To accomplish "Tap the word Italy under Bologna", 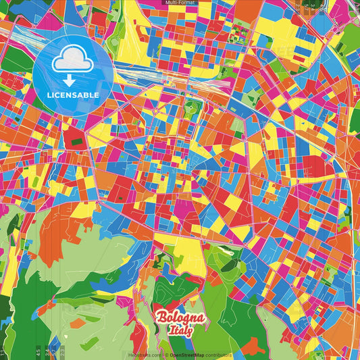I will click(x=181, y=331).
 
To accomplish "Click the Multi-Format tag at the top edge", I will click(x=180, y=3).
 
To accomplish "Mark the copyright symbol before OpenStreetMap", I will click(x=165, y=355).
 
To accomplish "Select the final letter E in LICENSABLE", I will click(x=97, y=95).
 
